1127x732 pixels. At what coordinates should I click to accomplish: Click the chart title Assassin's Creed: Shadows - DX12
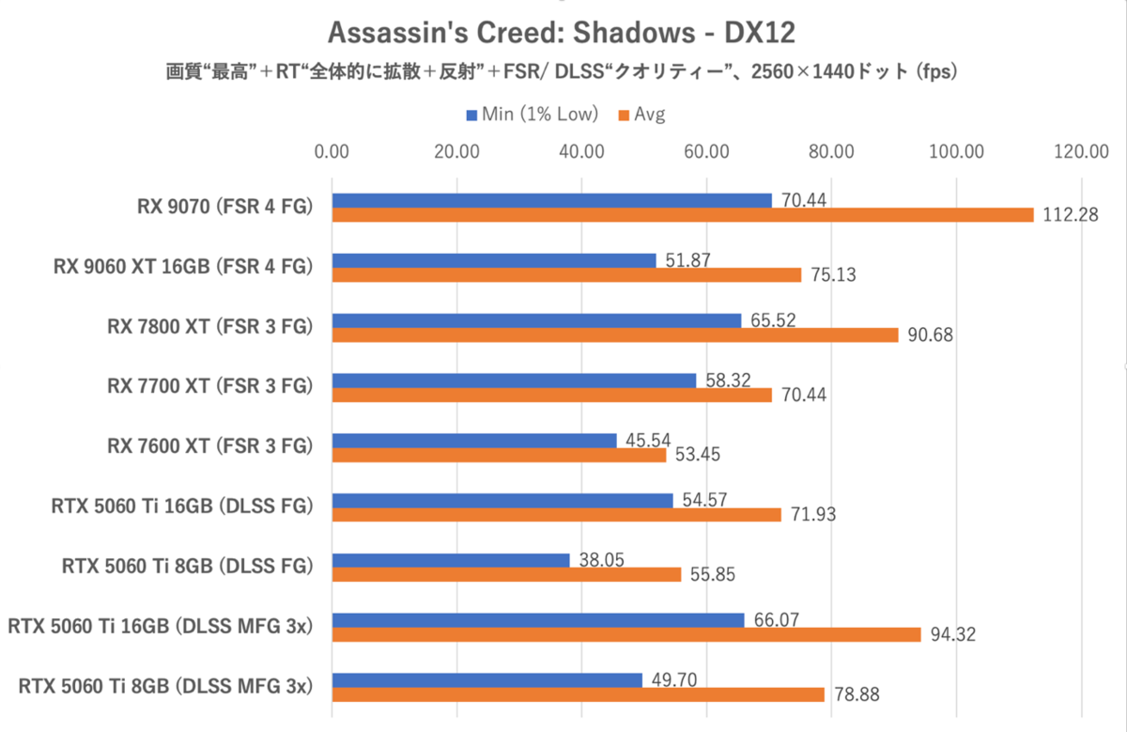562,34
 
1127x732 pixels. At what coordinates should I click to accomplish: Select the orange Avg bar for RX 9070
682,215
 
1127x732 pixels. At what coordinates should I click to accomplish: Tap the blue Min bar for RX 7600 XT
474,441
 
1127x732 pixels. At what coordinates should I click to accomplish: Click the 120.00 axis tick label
1081,151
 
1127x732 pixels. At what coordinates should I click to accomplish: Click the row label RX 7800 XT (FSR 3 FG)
209,326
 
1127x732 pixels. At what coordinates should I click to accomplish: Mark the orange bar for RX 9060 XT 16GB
566,275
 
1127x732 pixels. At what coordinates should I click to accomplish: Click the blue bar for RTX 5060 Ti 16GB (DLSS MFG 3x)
538,620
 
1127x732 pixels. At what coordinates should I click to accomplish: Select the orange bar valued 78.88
578,694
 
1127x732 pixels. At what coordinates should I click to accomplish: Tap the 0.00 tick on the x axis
332,151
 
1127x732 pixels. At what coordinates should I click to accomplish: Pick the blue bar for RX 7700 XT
514,381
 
